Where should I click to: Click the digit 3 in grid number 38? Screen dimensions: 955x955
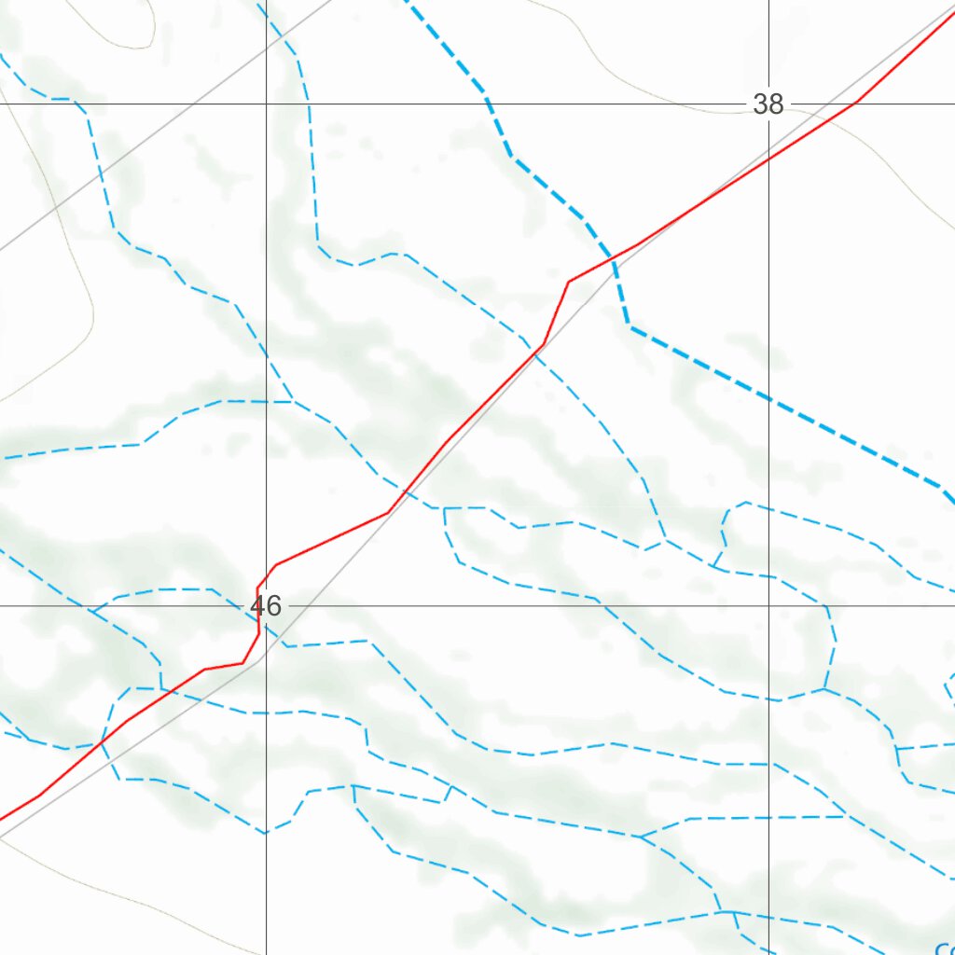click(x=761, y=104)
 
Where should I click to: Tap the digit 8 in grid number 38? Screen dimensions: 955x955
click(x=776, y=104)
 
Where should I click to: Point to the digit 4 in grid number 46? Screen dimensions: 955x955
click(x=258, y=607)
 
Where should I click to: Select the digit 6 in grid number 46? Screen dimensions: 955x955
click(x=273, y=607)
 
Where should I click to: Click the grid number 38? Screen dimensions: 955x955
click(x=768, y=104)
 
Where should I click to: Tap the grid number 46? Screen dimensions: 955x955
click(x=266, y=607)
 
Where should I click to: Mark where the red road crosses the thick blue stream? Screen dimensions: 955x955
click(x=613, y=258)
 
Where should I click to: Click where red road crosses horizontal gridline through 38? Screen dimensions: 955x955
click(x=852, y=104)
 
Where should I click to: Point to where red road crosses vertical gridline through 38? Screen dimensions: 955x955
click(x=769, y=159)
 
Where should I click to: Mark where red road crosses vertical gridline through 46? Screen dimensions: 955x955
click(x=267, y=575)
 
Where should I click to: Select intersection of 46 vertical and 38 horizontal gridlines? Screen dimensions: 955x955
click(x=267, y=104)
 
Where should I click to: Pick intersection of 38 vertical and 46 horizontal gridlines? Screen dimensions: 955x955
click(x=769, y=605)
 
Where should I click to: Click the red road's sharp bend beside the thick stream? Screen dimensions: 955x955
click(x=569, y=281)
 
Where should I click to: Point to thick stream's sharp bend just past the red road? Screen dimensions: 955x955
click(x=630, y=326)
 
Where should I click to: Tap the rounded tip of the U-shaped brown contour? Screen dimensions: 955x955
click(x=145, y=44)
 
